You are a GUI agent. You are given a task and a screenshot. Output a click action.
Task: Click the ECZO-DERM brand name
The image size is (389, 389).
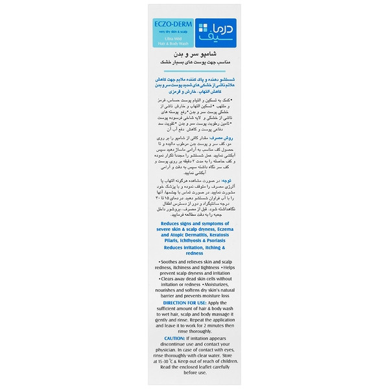click(170, 27)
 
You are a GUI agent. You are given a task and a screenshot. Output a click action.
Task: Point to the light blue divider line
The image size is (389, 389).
click(194, 73)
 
